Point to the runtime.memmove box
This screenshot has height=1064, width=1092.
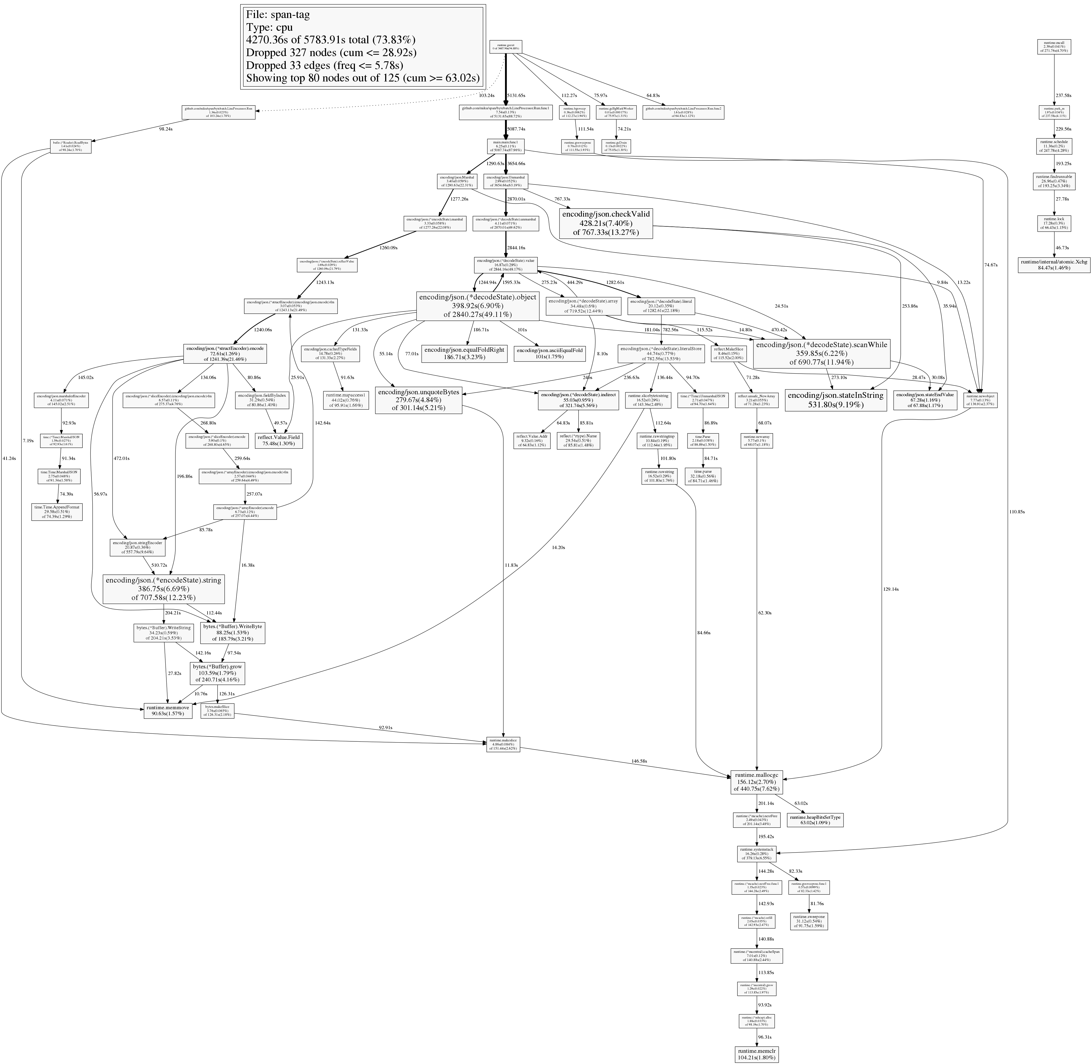point(168,710)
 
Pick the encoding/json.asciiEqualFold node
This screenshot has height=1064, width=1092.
point(550,353)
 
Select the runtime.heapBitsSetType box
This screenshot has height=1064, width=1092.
point(815,820)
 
